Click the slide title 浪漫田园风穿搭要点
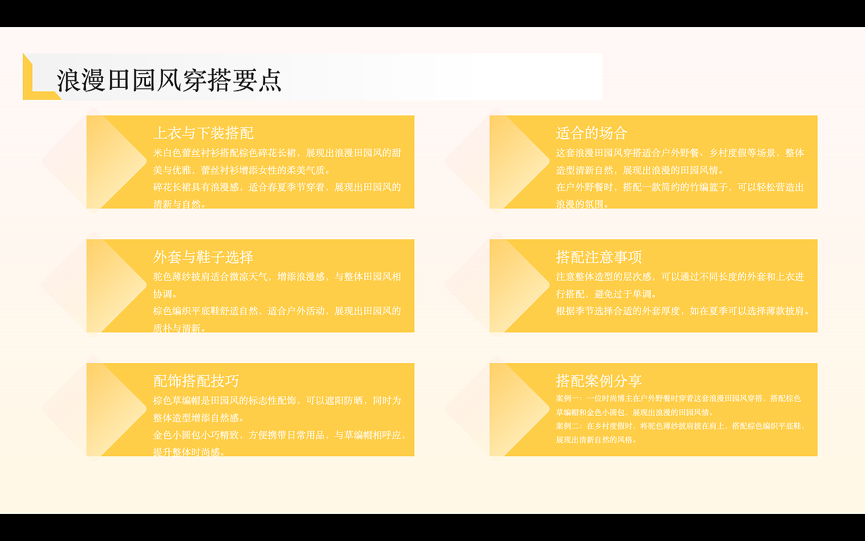169,80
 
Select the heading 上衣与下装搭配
203,133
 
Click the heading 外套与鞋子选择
203,257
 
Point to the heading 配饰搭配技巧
196,381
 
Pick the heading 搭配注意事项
599,257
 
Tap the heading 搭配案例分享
599,381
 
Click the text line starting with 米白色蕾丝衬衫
277,153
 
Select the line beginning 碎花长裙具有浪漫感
277,187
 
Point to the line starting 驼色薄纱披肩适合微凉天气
277,277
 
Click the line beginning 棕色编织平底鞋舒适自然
277,311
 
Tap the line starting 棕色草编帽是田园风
277,400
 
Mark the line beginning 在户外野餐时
680,187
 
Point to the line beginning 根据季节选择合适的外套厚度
683,311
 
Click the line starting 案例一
678,398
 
